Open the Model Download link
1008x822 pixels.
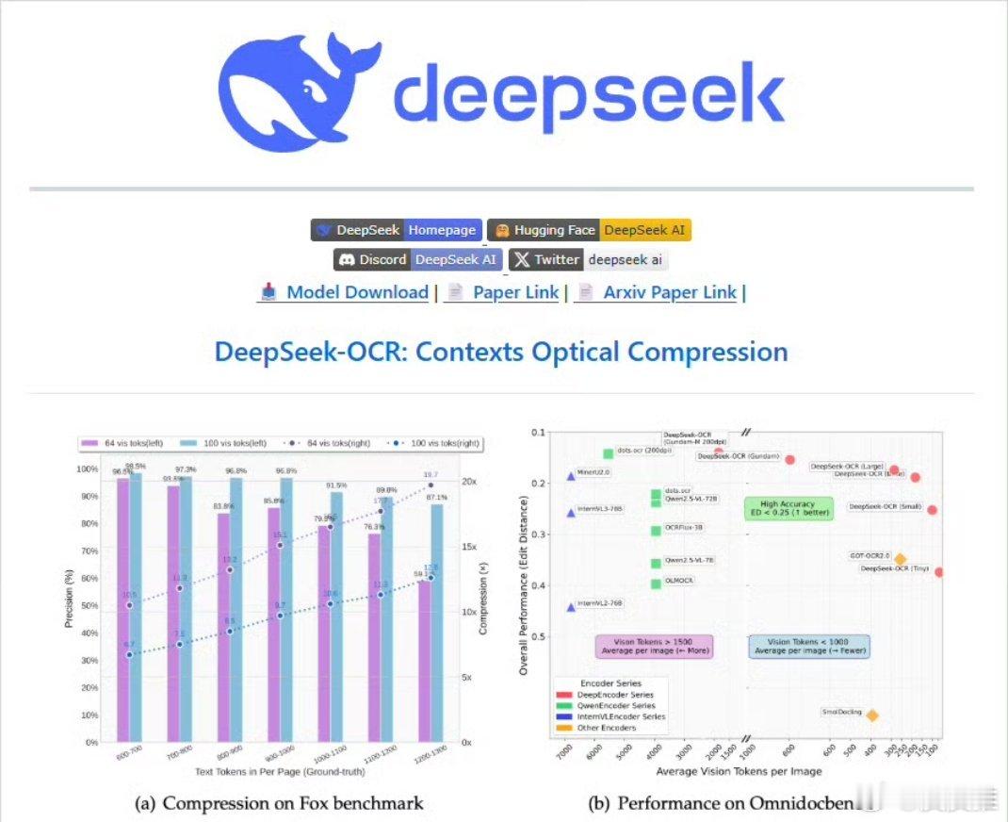(x=345, y=292)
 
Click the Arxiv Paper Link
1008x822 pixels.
(x=657, y=292)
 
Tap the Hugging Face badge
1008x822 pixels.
(x=589, y=230)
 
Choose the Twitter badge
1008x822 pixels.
(x=589, y=259)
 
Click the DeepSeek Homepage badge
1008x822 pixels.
(x=397, y=230)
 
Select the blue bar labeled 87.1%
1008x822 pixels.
(x=436, y=622)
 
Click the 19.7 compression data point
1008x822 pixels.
(x=431, y=485)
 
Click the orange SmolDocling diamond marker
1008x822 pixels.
(x=872, y=715)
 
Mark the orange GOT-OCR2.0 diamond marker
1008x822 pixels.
(x=900, y=559)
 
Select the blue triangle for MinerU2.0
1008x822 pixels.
(x=571, y=476)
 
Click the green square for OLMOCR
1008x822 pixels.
(x=656, y=584)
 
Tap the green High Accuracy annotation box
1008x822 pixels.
(x=789, y=508)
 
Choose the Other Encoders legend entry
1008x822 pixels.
(x=608, y=728)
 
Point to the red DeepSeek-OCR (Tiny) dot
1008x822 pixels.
(x=938, y=572)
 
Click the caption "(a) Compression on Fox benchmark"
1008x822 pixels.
(x=280, y=803)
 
